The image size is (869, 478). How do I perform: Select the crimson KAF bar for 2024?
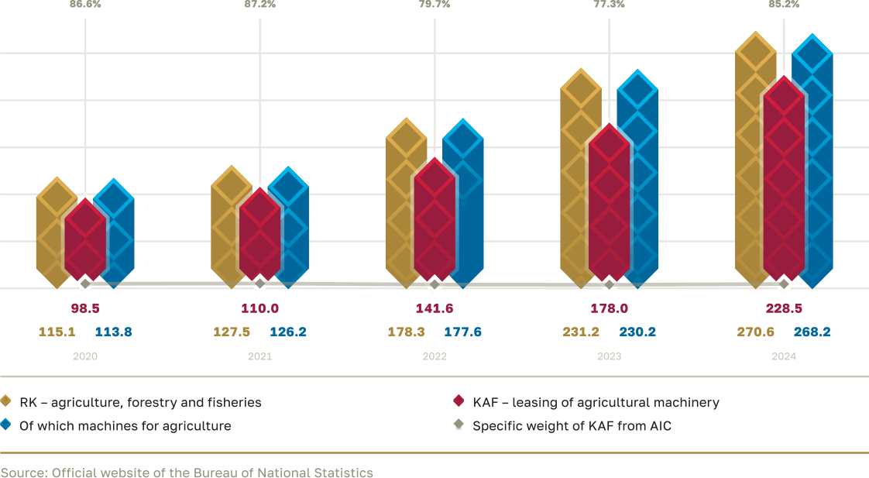[784, 178]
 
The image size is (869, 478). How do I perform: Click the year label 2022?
[434, 357]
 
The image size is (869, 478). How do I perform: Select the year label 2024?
[784, 357]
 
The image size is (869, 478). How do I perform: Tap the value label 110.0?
[259, 308]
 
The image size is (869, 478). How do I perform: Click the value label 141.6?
[434, 308]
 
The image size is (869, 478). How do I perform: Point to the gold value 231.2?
[581, 332]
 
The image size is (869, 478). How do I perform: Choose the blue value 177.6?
[463, 332]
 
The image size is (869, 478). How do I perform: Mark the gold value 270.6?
[755, 332]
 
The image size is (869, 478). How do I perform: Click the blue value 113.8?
[113, 332]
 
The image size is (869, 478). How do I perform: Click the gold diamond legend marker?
[5, 401]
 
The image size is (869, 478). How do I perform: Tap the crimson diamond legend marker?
[458, 401]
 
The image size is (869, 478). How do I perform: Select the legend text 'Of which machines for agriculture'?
[125, 425]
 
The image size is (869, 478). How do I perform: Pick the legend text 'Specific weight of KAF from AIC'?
[572, 425]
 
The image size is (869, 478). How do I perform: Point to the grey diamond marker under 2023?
[610, 284]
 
